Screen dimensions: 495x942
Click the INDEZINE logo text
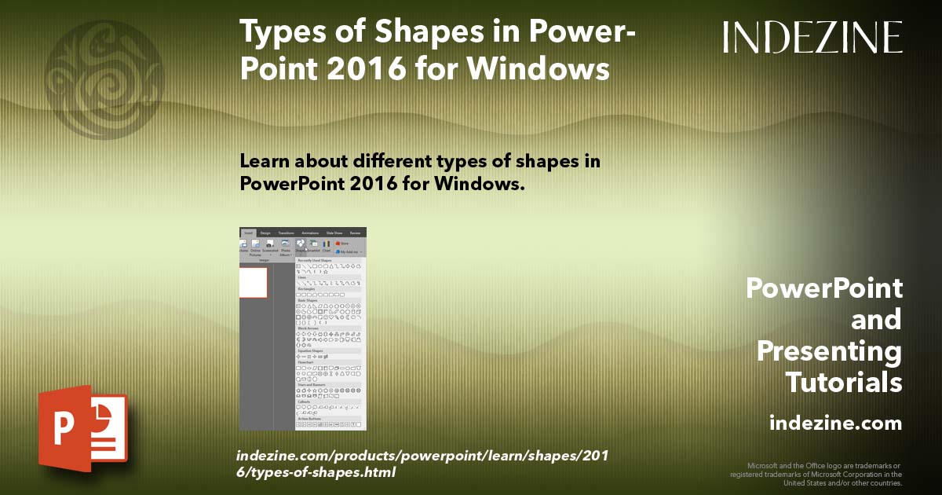point(812,38)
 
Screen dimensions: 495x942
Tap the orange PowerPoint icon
point(82,429)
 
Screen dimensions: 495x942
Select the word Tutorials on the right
point(844,383)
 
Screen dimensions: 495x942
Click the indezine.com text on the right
point(835,423)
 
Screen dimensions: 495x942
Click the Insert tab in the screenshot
point(248,233)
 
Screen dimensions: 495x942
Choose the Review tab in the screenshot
point(356,233)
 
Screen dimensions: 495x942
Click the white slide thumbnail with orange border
point(253,283)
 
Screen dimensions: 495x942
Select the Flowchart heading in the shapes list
point(305,362)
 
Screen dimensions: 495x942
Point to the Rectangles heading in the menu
point(306,288)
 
